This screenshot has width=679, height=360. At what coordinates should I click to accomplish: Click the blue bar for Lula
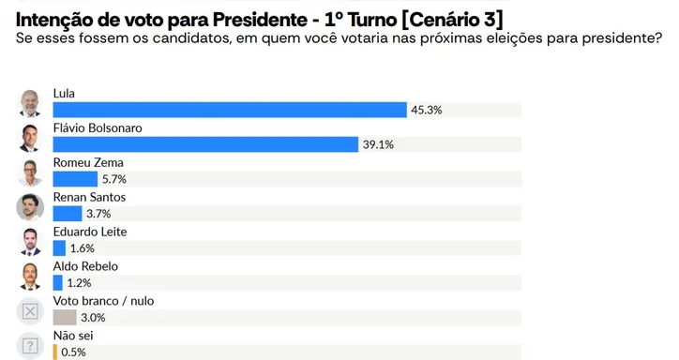coord(230,110)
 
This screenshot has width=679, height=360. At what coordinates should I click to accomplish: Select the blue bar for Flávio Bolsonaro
coord(205,144)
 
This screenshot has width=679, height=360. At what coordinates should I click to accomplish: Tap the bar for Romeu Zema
coord(75,179)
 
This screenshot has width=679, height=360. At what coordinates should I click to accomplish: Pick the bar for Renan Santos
coord(68,214)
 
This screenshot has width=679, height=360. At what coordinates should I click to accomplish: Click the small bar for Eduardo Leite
coord(59,248)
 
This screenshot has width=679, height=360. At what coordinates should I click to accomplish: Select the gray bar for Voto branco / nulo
coord(65,318)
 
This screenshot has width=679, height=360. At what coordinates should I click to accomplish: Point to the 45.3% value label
coord(426,110)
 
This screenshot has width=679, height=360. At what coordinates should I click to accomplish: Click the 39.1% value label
coord(376,144)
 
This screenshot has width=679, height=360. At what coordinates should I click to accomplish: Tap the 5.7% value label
coord(113,179)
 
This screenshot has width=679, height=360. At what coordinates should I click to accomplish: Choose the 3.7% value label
coord(98,214)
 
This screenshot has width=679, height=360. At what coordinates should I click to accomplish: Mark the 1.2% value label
coord(80,283)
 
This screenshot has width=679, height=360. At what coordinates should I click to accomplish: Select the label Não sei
coord(73,336)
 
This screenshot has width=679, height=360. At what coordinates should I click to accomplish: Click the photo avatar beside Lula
coord(31,103)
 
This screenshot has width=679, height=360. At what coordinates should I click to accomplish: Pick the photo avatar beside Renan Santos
coord(31,207)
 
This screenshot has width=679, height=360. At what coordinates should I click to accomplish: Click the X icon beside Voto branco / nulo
coord(31,311)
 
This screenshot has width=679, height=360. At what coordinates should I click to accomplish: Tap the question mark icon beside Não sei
coord(31,345)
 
